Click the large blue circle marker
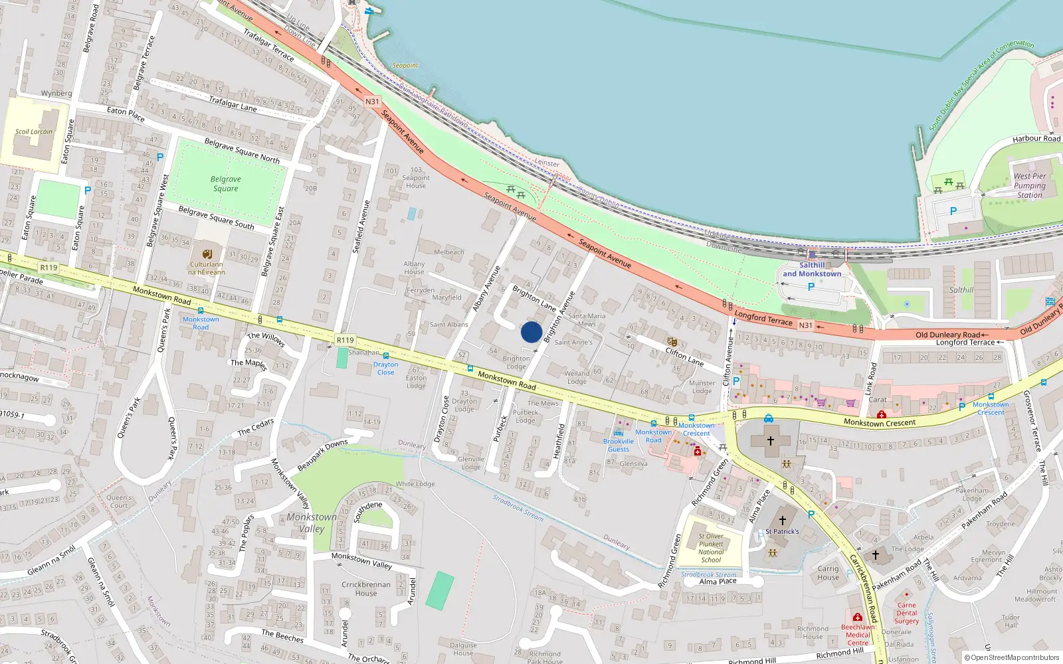pyautogui.click(x=531, y=332)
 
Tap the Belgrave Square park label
pyautogui.click(x=226, y=184)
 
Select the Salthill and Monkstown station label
pyautogui.click(x=811, y=269)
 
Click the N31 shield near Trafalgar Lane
pyautogui.click(x=372, y=102)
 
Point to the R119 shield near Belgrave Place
pyautogui.click(x=48, y=268)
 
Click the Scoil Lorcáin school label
pyautogui.click(x=34, y=131)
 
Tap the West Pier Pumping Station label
pyautogui.click(x=1029, y=186)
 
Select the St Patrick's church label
pyautogui.click(x=782, y=531)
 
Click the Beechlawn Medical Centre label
pyautogui.click(x=858, y=635)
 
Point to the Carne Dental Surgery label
pyautogui.click(x=906, y=613)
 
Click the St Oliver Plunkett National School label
pyautogui.click(x=711, y=548)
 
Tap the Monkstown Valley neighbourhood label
pyautogui.click(x=312, y=523)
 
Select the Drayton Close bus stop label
pyautogui.click(x=385, y=368)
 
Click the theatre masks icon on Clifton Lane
pyautogui.click(x=672, y=342)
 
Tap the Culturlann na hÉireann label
pyautogui.click(x=207, y=268)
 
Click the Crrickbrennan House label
pyautogui.click(x=366, y=588)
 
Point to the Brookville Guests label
pyautogui.click(x=619, y=445)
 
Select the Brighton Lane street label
pyautogui.click(x=534, y=298)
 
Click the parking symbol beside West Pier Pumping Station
pyautogui.click(x=953, y=211)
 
